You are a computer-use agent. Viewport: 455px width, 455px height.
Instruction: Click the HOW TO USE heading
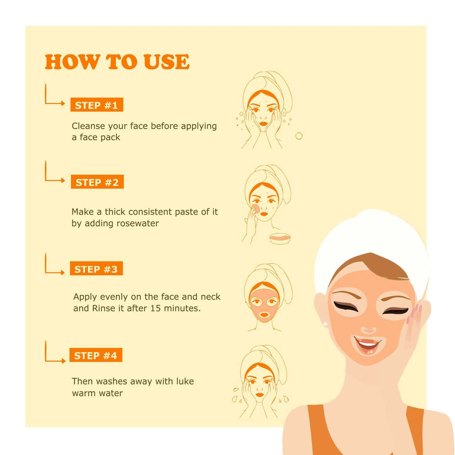point(117,61)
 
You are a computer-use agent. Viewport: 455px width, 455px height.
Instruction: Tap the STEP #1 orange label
point(96,105)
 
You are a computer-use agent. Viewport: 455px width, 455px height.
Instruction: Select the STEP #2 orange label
point(97,182)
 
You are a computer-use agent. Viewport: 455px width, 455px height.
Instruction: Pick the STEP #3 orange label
point(96,268)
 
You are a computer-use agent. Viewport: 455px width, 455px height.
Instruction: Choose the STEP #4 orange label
point(96,355)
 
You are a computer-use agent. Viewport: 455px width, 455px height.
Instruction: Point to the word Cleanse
point(88,126)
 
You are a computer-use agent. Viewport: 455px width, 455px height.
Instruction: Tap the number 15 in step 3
point(155,308)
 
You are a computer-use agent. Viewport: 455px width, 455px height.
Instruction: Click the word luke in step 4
point(184,381)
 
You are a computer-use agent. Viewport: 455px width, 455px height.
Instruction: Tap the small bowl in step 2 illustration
point(280,239)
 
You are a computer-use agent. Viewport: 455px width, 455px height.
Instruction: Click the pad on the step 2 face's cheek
point(255,208)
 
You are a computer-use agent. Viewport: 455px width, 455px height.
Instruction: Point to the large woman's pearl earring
point(325,324)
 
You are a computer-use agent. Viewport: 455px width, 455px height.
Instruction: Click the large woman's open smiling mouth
point(367,345)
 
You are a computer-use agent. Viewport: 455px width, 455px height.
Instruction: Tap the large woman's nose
point(368,330)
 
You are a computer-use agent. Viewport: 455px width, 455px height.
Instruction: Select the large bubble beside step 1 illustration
point(299,136)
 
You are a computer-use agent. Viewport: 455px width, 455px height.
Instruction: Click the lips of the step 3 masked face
point(264,315)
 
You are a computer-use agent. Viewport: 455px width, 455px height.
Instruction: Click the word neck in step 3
point(211,297)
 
